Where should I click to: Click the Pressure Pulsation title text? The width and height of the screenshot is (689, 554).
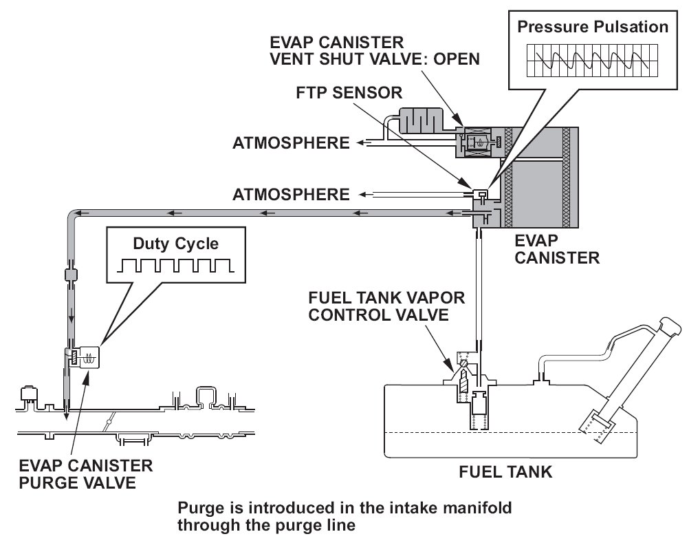click(x=592, y=27)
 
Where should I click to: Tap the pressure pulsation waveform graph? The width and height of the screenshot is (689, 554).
click(x=592, y=60)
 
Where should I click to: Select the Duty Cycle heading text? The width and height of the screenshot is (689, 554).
click(x=176, y=244)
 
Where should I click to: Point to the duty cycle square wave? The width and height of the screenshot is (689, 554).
click(x=176, y=266)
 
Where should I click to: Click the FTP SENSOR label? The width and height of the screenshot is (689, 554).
click(x=349, y=93)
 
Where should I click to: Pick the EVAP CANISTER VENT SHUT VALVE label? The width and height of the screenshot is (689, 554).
click(x=375, y=50)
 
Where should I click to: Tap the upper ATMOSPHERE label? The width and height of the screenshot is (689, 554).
click(x=291, y=143)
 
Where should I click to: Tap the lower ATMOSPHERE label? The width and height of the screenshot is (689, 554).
click(x=291, y=194)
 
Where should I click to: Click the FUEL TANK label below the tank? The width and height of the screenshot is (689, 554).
click(x=505, y=472)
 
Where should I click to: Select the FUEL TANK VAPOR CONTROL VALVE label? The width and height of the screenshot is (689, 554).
click(x=386, y=306)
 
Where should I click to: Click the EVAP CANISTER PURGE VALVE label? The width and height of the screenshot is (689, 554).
click(x=86, y=474)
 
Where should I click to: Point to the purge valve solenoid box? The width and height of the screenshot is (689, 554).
click(x=89, y=356)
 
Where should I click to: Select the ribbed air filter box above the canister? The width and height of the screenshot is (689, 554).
click(x=421, y=119)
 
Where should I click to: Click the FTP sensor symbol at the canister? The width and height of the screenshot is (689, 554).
click(x=481, y=194)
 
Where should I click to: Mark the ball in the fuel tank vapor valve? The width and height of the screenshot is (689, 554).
click(x=464, y=363)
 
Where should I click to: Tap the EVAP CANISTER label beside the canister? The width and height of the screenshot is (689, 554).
click(x=557, y=249)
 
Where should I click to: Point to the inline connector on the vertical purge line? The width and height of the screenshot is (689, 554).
click(x=71, y=275)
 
